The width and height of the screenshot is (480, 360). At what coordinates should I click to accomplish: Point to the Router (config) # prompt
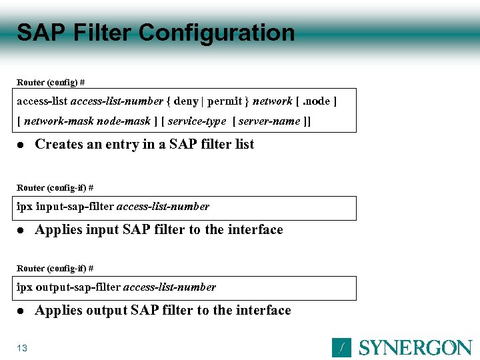[x=51, y=83]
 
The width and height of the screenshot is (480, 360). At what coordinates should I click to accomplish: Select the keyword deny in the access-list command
[x=186, y=101]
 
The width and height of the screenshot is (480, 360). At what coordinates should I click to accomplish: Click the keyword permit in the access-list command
[x=225, y=101]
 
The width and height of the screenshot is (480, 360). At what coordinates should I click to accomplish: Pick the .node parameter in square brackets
[x=316, y=101]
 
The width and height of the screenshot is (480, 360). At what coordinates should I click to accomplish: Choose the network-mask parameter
[x=59, y=121]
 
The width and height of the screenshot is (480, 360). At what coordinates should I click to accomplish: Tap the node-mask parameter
[x=124, y=121]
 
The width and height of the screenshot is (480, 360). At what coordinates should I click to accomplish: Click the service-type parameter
[x=197, y=121]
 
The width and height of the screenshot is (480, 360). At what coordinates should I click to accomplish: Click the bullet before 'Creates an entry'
[x=21, y=145]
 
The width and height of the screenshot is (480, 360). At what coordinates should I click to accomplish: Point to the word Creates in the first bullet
[x=59, y=144]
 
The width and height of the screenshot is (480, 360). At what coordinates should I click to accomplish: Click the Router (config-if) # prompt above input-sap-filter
[x=55, y=188]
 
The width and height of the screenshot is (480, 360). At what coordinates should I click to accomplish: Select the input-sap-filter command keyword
[x=75, y=207]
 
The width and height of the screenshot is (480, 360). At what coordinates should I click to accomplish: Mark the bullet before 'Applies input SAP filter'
[x=21, y=230]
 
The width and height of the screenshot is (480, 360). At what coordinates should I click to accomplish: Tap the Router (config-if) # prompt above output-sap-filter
[x=55, y=269]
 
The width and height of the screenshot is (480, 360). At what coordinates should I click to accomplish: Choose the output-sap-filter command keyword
[x=78, y=287]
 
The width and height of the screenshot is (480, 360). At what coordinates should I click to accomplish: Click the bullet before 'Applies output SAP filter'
[x=21, y=311]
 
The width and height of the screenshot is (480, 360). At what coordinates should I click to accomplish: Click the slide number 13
[x=22, y=348]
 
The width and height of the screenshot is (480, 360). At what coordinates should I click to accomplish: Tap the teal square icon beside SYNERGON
[x=341, y=347]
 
